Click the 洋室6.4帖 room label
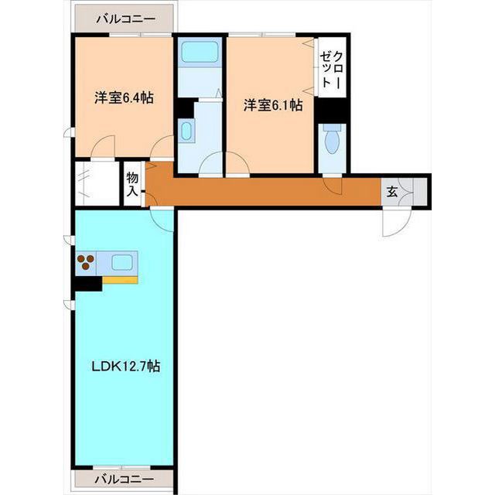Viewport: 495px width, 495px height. pyautogui.click(x=124, y=97)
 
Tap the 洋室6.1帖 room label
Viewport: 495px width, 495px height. pyautogui.click(x=273, y=105)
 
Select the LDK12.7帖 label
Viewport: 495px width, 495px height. pyautogui.click(x=125, y=366)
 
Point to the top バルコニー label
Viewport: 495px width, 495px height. pyautogui.click(x=125, y=19)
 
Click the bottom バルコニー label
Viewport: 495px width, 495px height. pyautogui.click(x=125, y=480)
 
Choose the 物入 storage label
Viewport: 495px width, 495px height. pyautogui.click(x=132, y=185)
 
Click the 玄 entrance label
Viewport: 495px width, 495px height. pyautogui.click(x=392, y=192)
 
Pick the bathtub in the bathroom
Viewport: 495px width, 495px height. pyautogui.click(x=200, y=52)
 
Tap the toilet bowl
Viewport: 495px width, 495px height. pyautogui.click(x=332, y=140)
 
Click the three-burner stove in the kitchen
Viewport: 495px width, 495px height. pyautogui.click(x=86, y=262)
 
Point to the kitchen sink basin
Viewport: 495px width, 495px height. pyautogui.click(x=122, y=262)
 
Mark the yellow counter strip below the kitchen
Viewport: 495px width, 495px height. pyautogui.click(x=120, y=280)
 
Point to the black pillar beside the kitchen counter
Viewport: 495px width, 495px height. pyautogui.click(x=88, y=284)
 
